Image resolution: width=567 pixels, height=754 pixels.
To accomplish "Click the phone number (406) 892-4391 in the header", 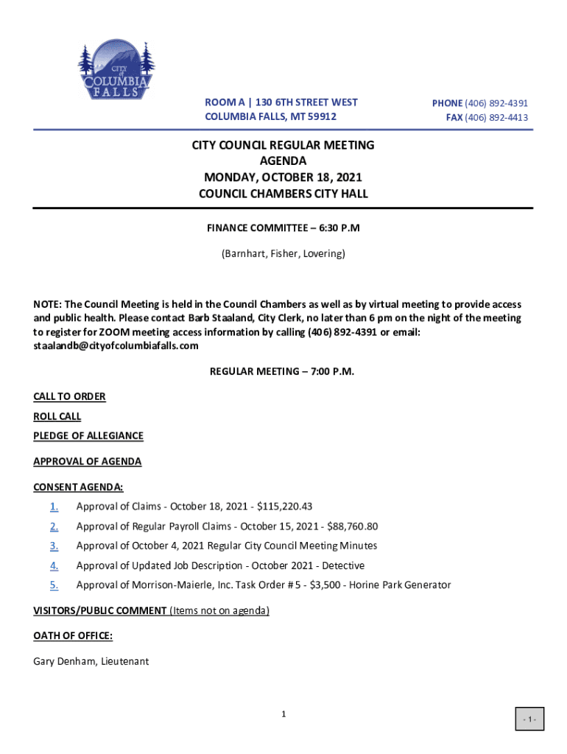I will [x=496, y=104].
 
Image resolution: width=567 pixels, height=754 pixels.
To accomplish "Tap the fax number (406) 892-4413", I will [x=496, y=118].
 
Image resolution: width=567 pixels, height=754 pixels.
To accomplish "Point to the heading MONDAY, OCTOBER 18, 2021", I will [x=283, y=177].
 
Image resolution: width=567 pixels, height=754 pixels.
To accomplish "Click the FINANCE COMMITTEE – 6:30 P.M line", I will [x=283, y=228].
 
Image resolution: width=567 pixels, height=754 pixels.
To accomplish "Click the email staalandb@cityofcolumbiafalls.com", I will [x=116, y=346].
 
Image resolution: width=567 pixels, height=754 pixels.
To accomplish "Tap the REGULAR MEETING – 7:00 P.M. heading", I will [x=283, y=372].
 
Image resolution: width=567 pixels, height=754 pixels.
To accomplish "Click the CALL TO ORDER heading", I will [x=69, y=397].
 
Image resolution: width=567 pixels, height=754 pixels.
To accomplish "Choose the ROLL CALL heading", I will [x=57, y=417].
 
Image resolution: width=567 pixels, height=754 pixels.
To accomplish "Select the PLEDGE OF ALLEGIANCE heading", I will [x=88, y=436].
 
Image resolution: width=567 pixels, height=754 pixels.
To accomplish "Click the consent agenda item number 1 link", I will [x=54, y=507].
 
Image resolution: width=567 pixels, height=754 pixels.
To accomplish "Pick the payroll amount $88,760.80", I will [x=351, y=526].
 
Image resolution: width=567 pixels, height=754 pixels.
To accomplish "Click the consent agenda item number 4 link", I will [x=54, y=566].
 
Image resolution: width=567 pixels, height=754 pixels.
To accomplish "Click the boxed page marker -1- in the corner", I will [x=529, y=719].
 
